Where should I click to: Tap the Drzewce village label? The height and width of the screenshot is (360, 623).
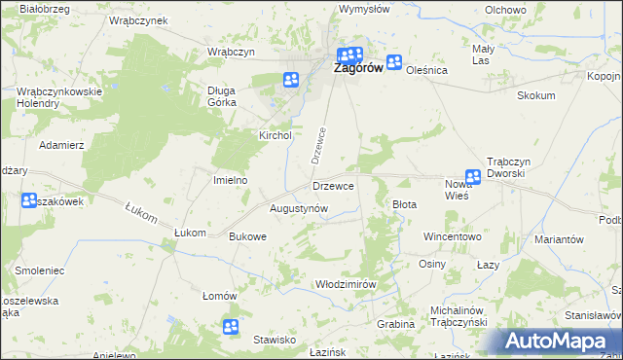332,185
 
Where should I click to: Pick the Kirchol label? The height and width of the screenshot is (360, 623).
275,136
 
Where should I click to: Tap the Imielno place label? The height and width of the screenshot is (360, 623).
231,180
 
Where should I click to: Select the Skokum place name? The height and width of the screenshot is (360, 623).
536,95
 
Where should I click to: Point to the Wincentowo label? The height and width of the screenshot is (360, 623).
453,236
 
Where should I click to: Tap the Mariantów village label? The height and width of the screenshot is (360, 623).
559,239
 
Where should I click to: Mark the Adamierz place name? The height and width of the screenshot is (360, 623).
61,144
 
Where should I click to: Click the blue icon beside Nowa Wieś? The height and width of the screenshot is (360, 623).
473,177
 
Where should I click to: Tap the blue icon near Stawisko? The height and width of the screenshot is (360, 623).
231,327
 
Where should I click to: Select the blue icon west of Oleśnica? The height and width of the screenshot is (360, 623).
394,63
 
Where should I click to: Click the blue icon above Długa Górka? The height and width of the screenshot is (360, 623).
290,80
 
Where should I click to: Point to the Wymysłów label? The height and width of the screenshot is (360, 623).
364,9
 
